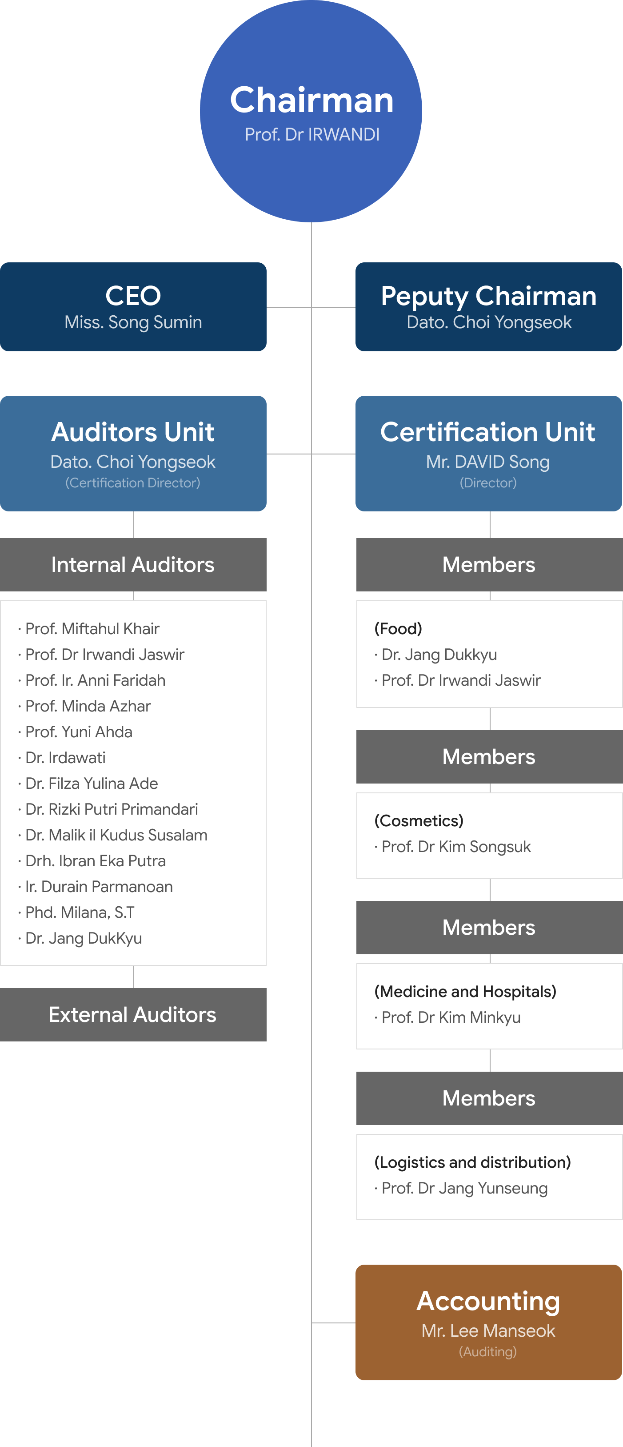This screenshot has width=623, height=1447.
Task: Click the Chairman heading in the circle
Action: [311, 100]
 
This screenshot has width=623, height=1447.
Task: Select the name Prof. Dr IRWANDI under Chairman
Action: [312, 135]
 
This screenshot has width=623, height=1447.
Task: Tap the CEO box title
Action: [133, 295]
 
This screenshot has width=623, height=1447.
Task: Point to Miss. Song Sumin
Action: [133, 322]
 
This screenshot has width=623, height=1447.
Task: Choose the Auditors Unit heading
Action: [133, 432]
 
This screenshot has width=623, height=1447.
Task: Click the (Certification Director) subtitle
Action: [133, 483]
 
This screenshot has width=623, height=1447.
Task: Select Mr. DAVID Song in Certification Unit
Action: [488, 462]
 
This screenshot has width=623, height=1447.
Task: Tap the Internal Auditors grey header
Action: [133, 565]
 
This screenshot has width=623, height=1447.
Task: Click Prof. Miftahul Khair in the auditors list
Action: [92, 629]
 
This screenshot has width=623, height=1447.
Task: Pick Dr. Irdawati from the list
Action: [65, 758]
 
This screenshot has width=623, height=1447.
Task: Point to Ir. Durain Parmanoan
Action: [99, 886]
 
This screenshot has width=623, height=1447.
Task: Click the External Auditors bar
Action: [133, 1014]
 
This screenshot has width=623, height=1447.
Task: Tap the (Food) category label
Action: [399, 629]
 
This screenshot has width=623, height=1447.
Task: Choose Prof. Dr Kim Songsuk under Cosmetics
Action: [456, 847]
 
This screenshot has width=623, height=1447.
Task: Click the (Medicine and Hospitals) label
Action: [465, 992]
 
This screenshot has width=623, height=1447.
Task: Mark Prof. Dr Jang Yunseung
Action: [464, 1188]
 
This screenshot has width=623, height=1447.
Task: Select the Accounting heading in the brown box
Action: [488, 1301]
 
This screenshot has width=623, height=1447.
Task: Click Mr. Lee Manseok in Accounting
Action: [488, 1331]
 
